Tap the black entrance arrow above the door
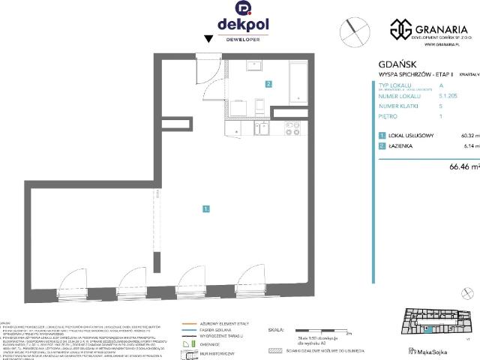(208, 38)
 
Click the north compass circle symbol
(354, 32)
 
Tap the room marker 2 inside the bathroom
(268, 84)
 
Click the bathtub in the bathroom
(298, 82)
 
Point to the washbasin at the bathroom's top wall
(252, 65)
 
